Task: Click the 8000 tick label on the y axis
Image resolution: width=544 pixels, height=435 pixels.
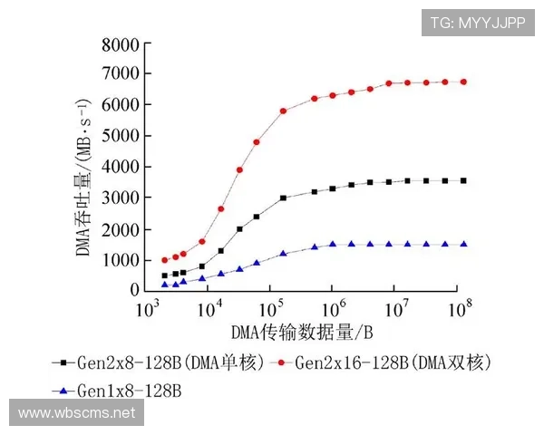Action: [120, 43]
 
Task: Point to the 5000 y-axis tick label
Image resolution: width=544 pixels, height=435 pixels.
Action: [120, 136]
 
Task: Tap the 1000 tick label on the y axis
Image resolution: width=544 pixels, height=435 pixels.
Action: [120, 260]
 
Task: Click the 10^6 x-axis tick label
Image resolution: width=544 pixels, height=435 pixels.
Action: [334, 309]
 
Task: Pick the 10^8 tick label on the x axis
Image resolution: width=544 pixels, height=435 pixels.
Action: [460, 309]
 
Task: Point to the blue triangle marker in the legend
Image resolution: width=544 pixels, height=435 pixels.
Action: [56, 391]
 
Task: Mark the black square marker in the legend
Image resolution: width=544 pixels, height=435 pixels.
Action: [56, 362]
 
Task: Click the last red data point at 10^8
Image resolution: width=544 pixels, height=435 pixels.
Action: [463, 82]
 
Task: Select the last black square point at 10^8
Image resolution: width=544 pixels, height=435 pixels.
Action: [463, 180]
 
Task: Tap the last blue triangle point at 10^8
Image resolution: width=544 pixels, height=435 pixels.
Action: [463, 244]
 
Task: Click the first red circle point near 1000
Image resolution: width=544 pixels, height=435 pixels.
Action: [165, 260]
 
